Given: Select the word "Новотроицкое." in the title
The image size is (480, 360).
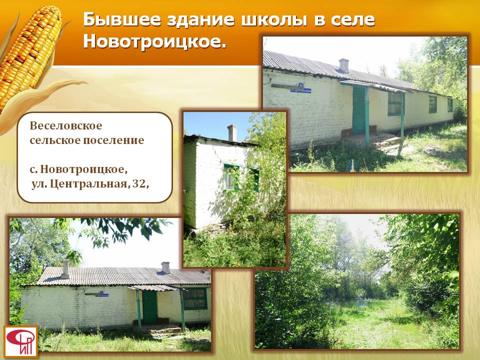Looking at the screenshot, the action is point(154,41).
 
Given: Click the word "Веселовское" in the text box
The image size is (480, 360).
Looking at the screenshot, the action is point(66,125).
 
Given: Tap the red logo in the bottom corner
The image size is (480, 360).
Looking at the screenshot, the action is point(21,342).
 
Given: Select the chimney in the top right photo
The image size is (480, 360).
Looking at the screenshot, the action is point(344,65).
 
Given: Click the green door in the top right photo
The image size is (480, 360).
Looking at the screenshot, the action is point(359,110).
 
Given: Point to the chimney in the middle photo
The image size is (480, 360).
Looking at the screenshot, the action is point(232,133).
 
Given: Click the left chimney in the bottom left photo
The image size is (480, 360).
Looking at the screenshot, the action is point(65,269).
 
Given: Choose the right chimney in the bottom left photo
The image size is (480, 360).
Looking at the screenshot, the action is point(165,267).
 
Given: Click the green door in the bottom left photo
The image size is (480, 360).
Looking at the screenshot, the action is point(149,307).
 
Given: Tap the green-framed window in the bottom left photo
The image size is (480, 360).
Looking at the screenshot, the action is point(195,298).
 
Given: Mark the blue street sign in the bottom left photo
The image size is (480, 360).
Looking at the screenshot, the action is point(102,294).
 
